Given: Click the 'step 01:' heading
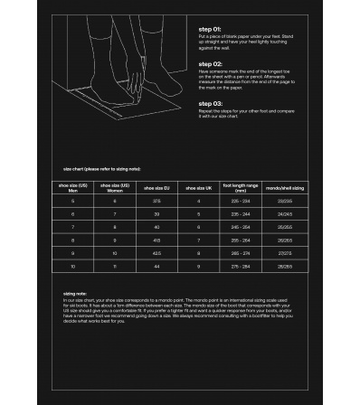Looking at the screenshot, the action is pos(211,28).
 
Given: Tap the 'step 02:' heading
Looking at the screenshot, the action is pos(211,63).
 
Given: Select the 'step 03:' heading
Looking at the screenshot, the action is pos(211,103).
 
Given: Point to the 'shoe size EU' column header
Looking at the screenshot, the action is pos(156,188).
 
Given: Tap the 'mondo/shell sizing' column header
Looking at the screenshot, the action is pos(284,188).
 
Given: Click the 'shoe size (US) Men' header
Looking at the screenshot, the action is pos(72,188).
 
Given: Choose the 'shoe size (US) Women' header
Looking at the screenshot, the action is pos(115,188).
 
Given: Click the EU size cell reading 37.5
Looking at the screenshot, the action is pos(156,201).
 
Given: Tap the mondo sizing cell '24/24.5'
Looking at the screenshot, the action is pos(284,214).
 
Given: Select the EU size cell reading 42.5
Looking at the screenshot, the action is pos(156,255).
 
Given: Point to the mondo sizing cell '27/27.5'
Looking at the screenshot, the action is pos(284,255).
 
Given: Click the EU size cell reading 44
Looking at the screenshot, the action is pos(156,268).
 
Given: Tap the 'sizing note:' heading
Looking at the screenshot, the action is pos(75,294).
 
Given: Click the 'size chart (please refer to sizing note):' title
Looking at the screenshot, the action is pos(101,169).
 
